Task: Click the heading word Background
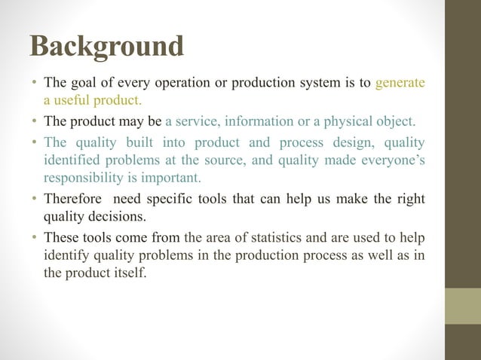click(x=106, y=46)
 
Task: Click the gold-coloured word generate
click(x=400, y=82)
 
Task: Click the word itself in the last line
click(x=129, y=274)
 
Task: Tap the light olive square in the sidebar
click(x=463, y=306)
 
